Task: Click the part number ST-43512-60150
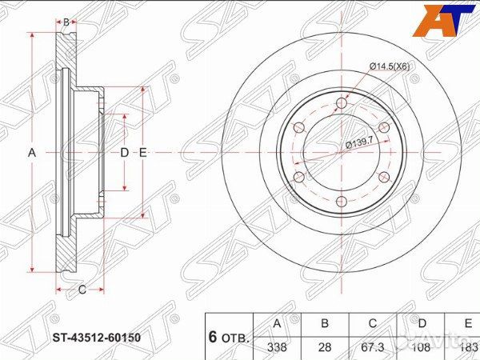97,338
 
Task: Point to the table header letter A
277,324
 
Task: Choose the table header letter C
373,324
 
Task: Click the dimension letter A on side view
33,152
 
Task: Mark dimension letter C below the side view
82,290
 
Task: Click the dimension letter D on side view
124,152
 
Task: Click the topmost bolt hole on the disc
342,102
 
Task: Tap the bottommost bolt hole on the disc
342,201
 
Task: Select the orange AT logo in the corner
442,20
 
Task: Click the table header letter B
325,324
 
